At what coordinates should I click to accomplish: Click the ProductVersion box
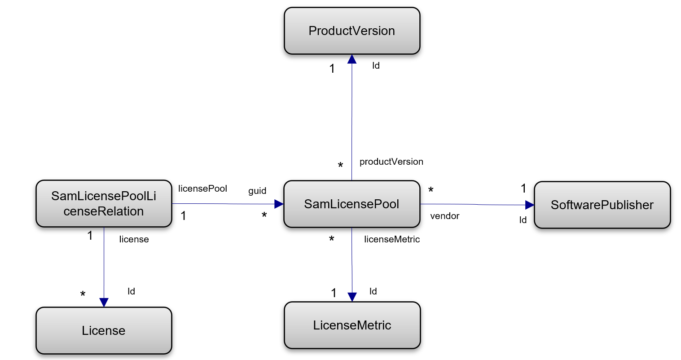click(352, 31)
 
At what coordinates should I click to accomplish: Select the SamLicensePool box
click(351, 204)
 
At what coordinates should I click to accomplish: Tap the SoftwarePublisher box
click(602, 205)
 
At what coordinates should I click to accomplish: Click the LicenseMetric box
click(352, 325)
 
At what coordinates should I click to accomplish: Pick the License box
click(104, 331)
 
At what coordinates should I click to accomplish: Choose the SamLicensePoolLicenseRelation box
click(104, 204)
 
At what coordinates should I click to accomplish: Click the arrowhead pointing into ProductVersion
click(352, 59)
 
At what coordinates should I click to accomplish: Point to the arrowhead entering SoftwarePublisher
click(530, 205)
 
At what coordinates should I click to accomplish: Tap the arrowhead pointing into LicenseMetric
click(352, 297)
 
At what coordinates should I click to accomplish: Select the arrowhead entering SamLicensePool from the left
click(279, 204)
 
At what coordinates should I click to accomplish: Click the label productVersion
click(391, 162)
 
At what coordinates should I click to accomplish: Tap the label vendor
click(444, 216)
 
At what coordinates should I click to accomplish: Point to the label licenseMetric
click(392, 239)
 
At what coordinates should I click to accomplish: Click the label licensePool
click(202, 189)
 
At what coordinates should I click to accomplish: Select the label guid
click(257, 191)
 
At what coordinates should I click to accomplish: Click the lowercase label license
click(134, 239)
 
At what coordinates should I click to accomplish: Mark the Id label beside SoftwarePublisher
click(523, 220)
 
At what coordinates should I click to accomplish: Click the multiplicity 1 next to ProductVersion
click(332, 69)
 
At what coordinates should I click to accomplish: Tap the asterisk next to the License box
click(83, 295)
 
